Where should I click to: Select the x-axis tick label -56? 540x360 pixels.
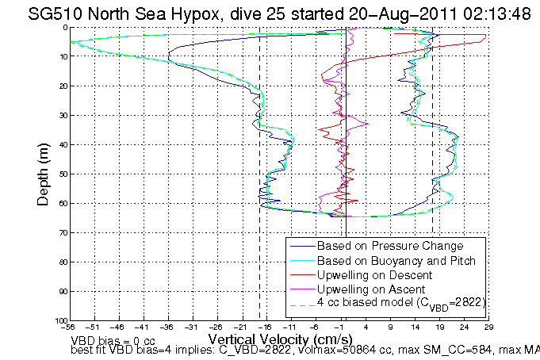[x=70, y=327]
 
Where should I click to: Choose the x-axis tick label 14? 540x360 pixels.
[x=415, y=327]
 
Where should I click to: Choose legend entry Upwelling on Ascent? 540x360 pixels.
[x=370, y=289]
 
